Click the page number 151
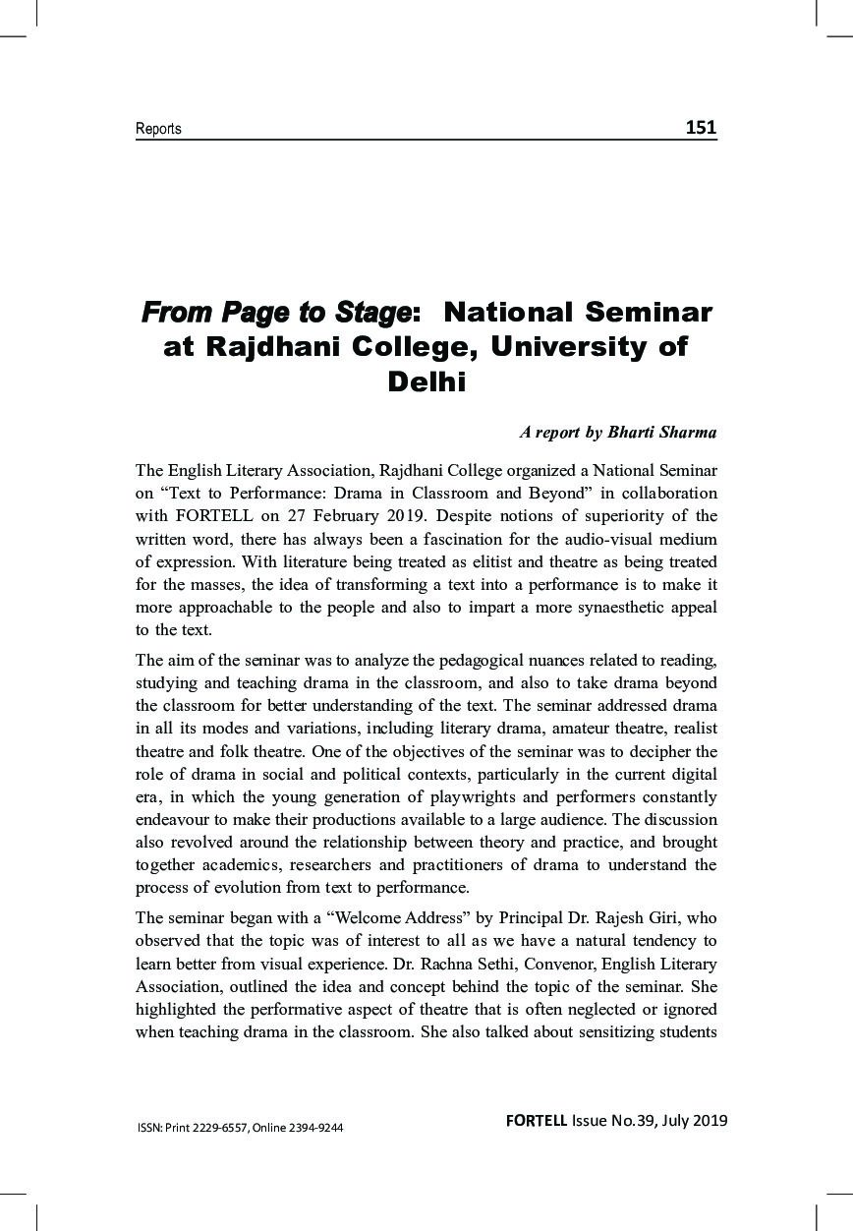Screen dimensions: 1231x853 [x=701, y=127]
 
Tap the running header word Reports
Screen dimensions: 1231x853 [x=158, y=129]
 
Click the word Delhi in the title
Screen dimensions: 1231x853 [x=426, y=381]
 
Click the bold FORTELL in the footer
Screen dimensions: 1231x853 [x=537, y=1120]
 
